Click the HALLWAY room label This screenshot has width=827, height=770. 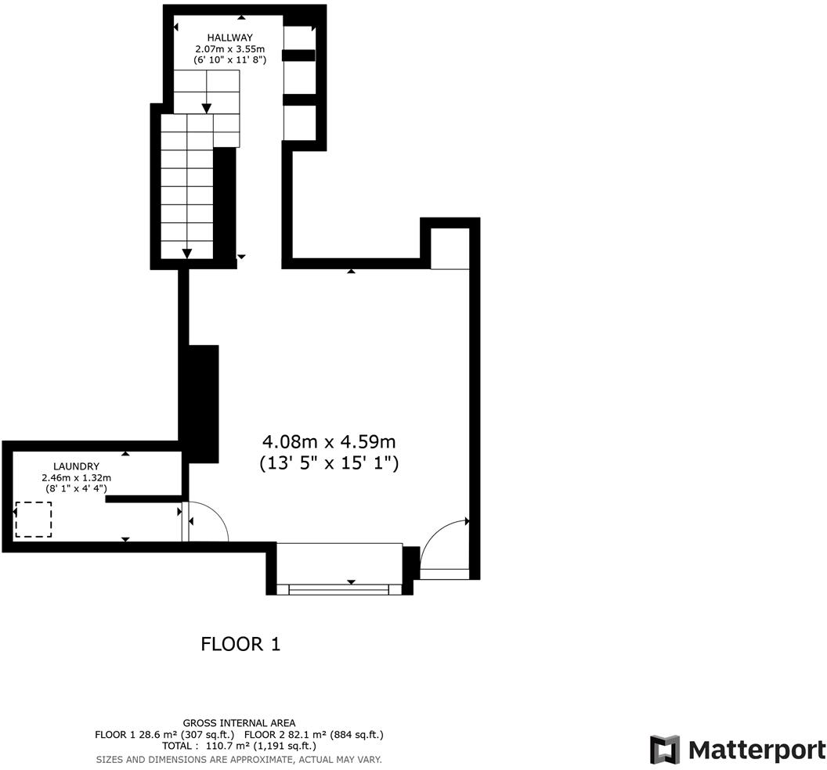(230, 38)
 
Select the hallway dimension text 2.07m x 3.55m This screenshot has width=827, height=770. (230, 49)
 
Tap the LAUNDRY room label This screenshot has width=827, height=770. (76, 466)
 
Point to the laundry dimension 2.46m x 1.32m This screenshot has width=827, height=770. (76, 477)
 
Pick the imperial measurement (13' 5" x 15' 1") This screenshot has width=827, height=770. (329, 463)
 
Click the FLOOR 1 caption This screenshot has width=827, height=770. (240, 644)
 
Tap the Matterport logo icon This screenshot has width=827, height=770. (665, 750)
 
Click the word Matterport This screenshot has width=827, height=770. (757, 750)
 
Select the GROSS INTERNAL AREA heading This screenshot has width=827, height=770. (239, 723)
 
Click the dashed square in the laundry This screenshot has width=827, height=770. (34, 520)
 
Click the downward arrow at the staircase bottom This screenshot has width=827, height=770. (187, 253)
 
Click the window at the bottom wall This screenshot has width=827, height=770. (338, 588)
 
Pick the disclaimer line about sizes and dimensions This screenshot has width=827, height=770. (239, 759)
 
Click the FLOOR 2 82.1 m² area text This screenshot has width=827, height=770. (313, 735)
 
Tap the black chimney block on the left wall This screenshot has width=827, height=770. (200, 402)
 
